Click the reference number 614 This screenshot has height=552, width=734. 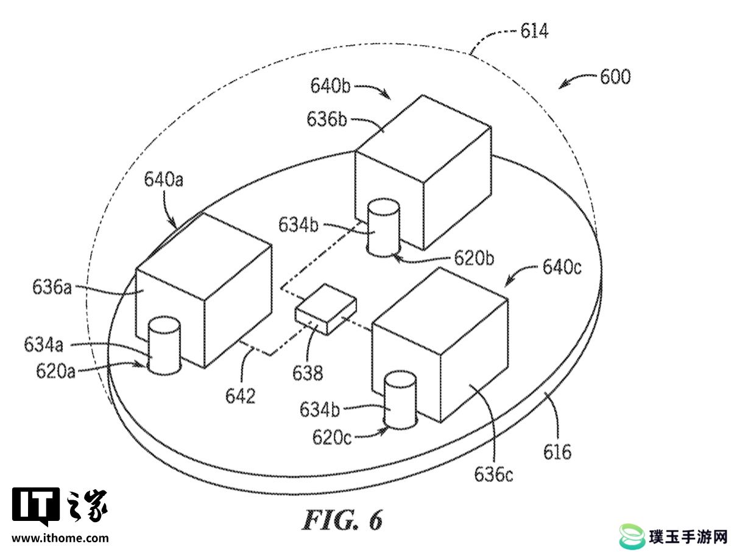tap(534, 31)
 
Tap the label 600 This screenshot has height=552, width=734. tap(615, 77)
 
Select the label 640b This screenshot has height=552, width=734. tap(330, 85)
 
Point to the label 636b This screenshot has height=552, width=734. tap(326, 119)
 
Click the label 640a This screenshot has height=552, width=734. tap(163, 179)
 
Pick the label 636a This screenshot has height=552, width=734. tap(52, 287)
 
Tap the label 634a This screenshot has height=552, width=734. tap(43, 344)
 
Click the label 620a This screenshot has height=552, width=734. tap(55, 371)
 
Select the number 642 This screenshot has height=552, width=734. tap(240, 396)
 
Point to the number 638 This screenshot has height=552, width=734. tap(308, 373)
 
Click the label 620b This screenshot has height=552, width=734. tap(474, 258)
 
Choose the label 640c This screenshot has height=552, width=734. tap(562, 267)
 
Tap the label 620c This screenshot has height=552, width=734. tap(332, 437)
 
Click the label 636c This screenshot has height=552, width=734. tap(493, 474)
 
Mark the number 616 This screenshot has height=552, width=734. tap(557, 452)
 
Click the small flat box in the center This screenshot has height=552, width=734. tap(325, 310)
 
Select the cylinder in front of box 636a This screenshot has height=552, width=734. tap(164, 345)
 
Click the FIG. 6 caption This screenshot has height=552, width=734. tap(342, 520)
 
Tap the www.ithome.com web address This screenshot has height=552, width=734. tap(60, 539)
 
